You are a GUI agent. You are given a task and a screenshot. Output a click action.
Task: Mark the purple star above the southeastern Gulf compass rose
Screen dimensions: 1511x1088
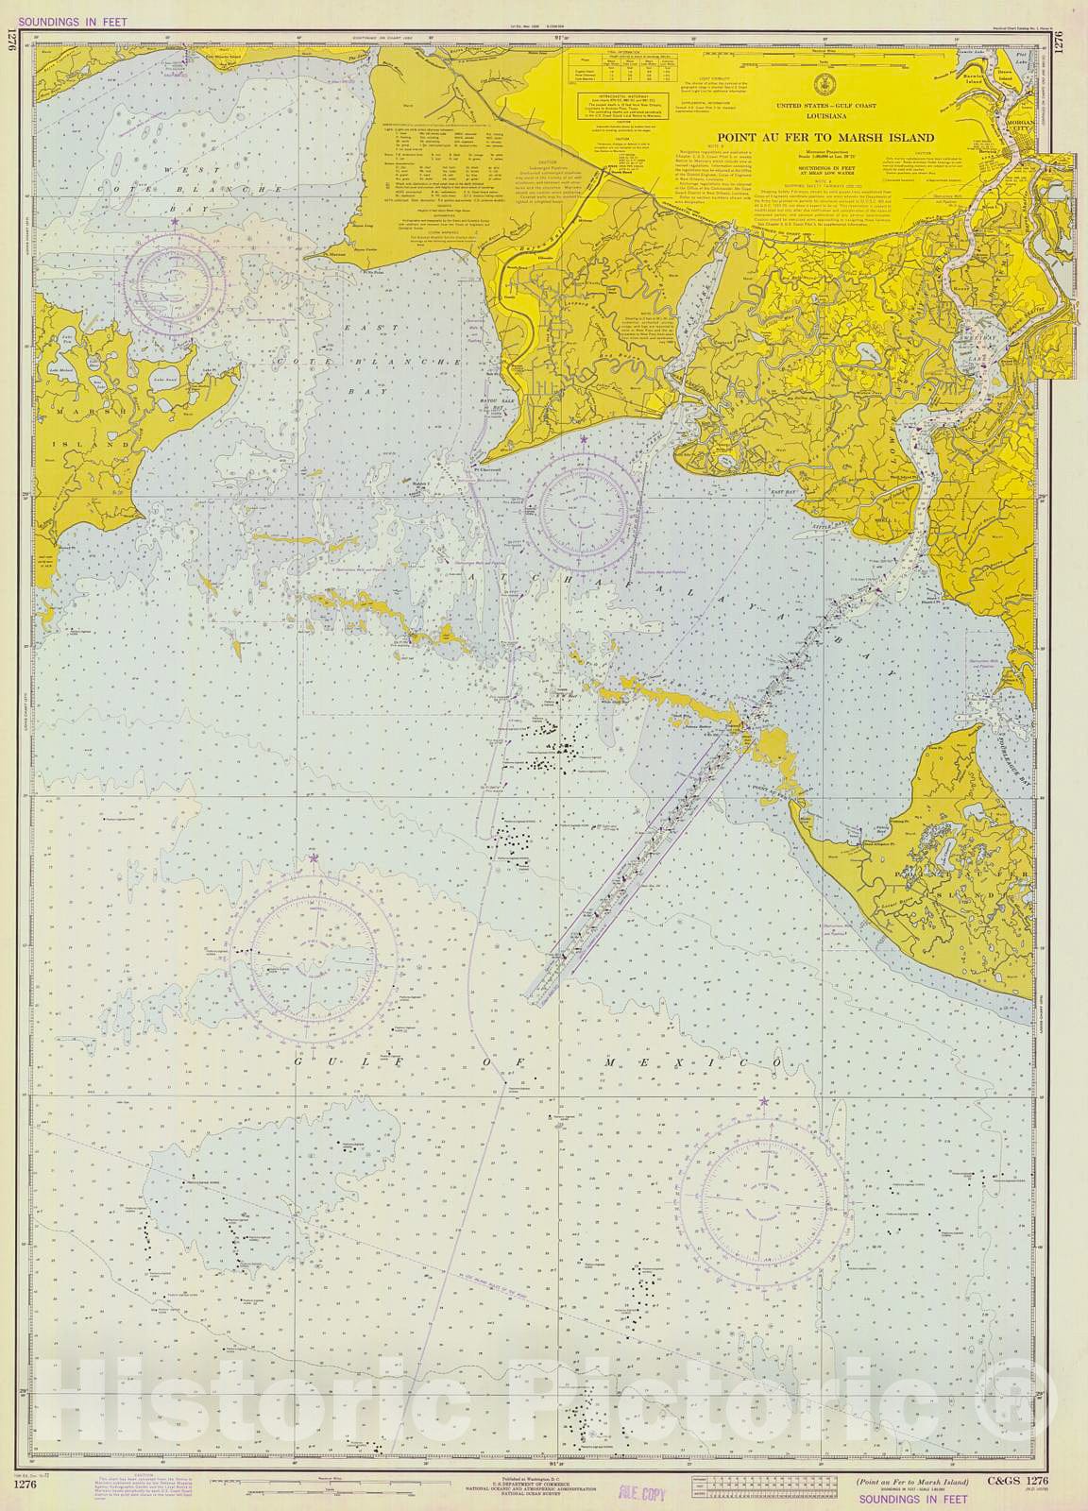coord(763,1101)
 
